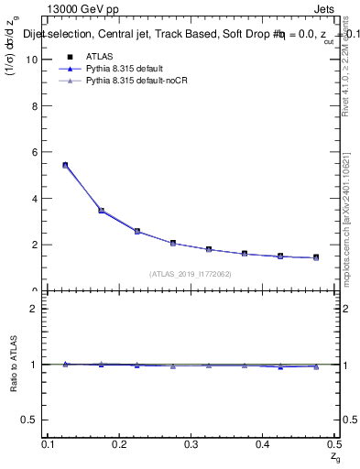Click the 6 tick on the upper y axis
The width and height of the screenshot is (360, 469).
tap(38, 152)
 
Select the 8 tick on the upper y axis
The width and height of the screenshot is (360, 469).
tap(38, 106)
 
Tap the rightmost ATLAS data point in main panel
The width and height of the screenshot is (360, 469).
tap(316, 257)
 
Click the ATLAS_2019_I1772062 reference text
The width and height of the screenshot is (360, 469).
tap(191, 274)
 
